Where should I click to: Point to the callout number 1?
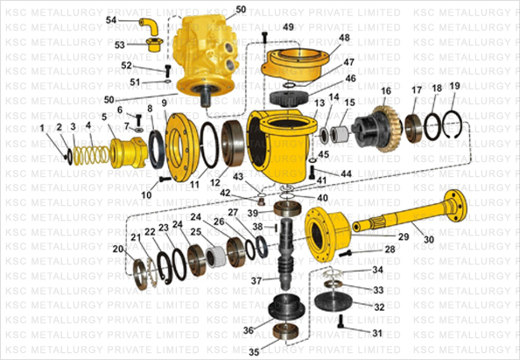point(41,129)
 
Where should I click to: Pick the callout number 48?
point(344,38)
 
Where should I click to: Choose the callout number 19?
point(454,87)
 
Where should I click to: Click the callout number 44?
point(347,174)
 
